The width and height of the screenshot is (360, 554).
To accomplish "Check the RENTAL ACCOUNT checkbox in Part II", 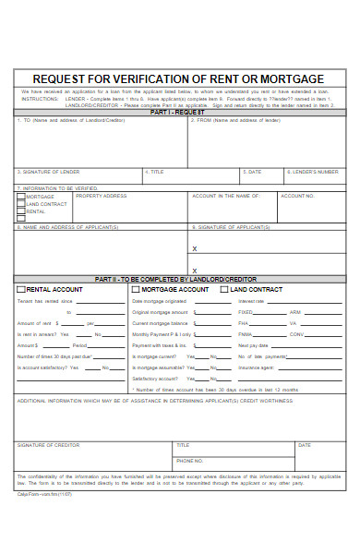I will pyautogui.click(x=21, y=290).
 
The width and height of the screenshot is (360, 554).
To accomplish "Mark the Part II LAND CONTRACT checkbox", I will pyautogui.click(x=224, y=290).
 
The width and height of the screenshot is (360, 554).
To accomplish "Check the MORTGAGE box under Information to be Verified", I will pyautogui.click(x=21, y=197).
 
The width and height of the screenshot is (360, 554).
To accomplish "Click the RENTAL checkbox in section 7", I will pyautogui.click(x=21, y=211).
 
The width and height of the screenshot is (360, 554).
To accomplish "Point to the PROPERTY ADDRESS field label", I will pyautogui.click(x=102, y=196).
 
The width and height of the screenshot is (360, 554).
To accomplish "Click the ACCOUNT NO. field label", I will pyautogui.click(x=297, y=196).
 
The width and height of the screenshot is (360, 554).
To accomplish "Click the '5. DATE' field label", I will pyautogui.click(x=252, y=171).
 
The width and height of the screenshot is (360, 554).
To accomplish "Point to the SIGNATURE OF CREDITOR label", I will pyautogui.click(x=48, y=444).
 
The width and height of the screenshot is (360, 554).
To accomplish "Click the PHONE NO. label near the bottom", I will pyautogui.click(x=189, y=460).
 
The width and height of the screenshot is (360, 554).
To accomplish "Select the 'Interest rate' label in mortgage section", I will pyautogui.click(x=251, y=301).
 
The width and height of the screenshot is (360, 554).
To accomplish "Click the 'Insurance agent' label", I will pyautogui.click(x=256, y=367).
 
